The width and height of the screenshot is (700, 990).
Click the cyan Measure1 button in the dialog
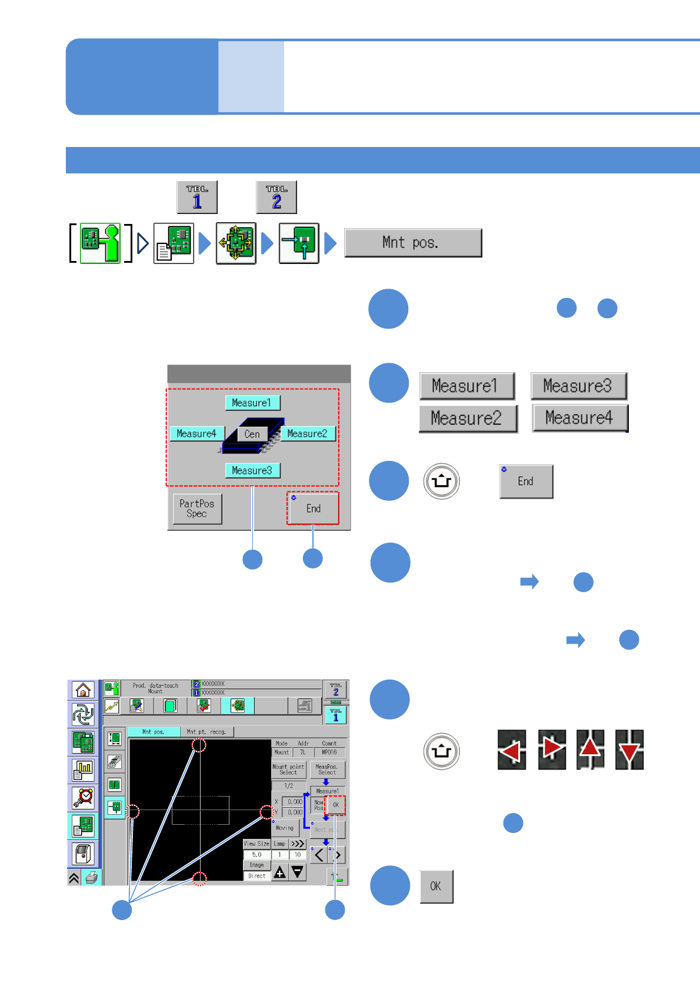coord(252,403)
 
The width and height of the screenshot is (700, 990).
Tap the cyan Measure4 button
coord(196,434)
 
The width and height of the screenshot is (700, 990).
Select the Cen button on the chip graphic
coord(252,434)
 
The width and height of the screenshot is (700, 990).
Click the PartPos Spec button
coord(197,509)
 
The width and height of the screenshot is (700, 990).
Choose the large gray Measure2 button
coord(467,418)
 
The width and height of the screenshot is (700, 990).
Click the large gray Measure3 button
coord(578,386)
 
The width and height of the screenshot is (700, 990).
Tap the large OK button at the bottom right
coord(436,886)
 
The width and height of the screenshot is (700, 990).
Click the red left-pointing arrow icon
coord(511,750)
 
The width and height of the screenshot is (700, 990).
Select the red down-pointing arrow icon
coord(629,750)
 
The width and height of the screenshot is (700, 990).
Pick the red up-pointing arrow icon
coord(590,750)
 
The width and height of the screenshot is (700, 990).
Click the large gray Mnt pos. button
coord(412,243)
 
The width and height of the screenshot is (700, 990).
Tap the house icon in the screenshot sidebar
coord(83,690)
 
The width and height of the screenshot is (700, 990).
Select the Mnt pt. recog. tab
coord(206,732)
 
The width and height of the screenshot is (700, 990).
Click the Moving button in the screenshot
coord(285,828)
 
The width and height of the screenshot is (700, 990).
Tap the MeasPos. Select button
coord(326,770)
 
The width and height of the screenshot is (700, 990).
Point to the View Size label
coord(256,844)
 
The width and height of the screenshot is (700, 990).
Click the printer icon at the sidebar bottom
coord(92,878)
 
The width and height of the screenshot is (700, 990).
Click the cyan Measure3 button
coord(252,470)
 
